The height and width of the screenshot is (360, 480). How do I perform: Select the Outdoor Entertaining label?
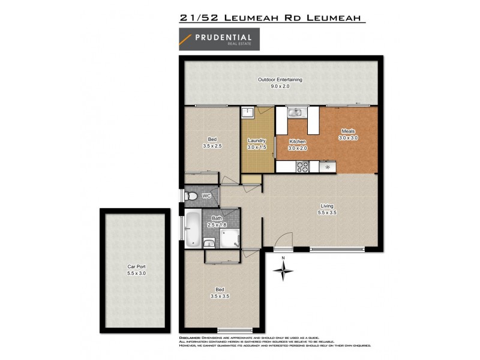(280, 80)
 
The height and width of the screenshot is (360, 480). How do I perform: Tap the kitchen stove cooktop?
(303, 166)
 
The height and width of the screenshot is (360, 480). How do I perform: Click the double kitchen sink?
(295, 112)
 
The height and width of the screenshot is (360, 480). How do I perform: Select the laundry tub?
(248, 113)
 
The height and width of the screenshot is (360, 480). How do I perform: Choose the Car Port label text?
(137, 266)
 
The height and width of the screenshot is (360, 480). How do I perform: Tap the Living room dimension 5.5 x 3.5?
(326, 212)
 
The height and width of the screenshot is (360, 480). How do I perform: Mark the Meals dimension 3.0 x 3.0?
(348, 138)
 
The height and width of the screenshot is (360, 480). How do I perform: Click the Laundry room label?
(257, 140)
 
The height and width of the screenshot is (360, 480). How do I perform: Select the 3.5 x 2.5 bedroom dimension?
(212, 146)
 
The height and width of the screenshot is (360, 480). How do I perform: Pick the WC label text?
(206, 196)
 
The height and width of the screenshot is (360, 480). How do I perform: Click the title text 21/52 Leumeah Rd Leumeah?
(272, 18)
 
